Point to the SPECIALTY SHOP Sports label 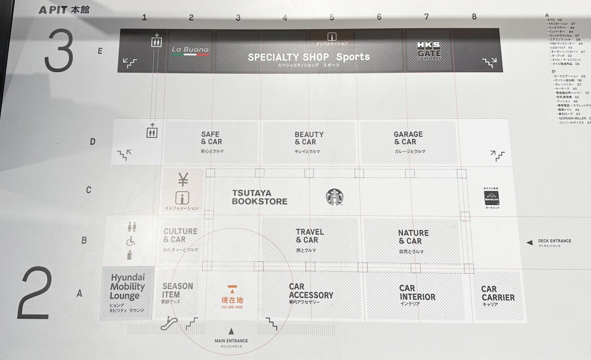pos(309,57)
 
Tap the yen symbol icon pos(183,179)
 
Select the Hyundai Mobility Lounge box pos(127,288)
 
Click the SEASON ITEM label pos(178,290)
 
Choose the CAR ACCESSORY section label pos(311,291)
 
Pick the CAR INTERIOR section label pos(417,293)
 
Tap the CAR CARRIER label pos(498,294)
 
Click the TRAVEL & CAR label pos(310,236)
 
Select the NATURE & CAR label pos(413,237)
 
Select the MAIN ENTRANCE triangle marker pos(231,332)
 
